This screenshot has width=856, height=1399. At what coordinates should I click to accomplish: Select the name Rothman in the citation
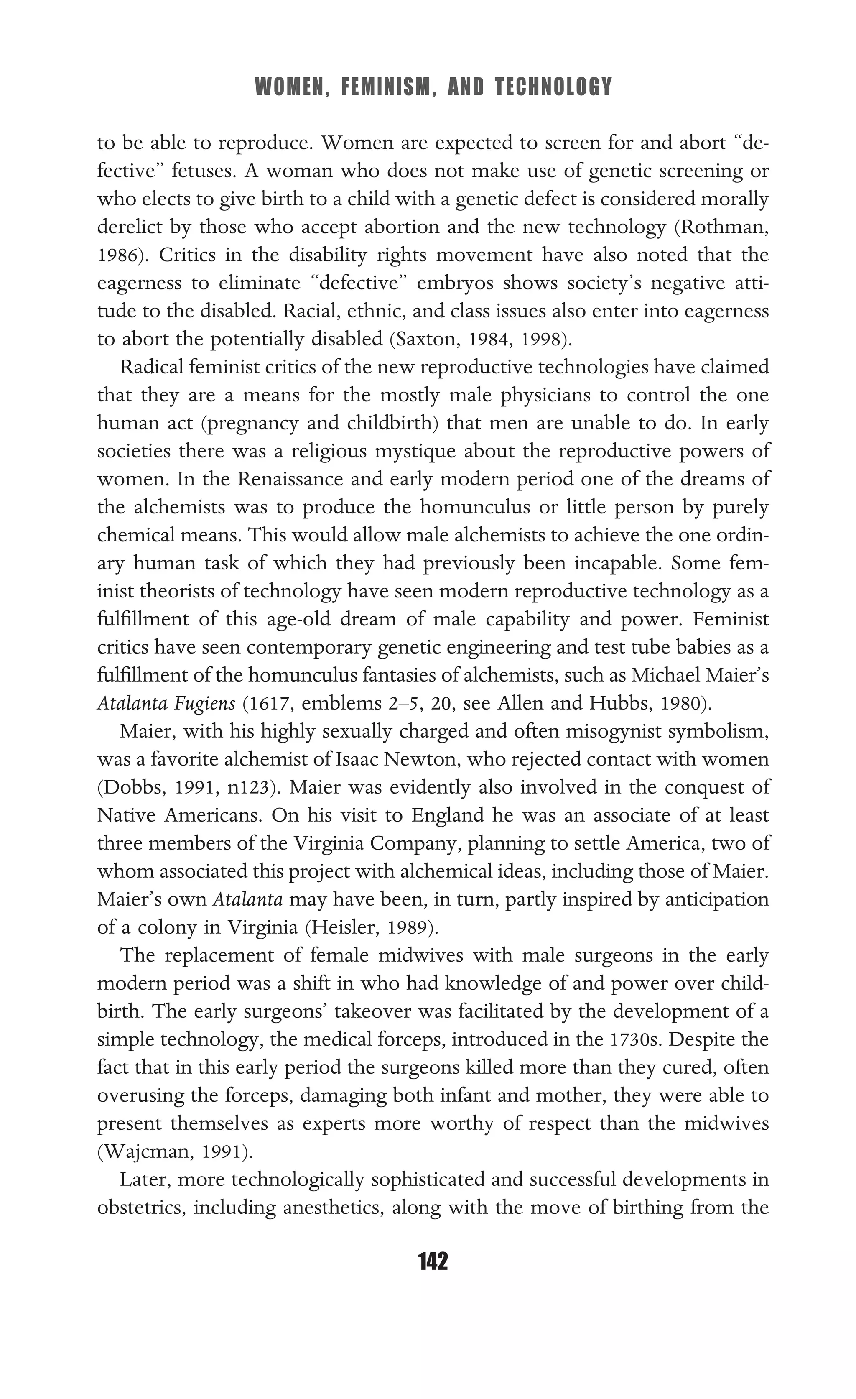click(722, 227)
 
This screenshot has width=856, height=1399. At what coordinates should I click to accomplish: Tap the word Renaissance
click(290, 479)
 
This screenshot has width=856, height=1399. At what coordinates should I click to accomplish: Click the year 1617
click(271, 704)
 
